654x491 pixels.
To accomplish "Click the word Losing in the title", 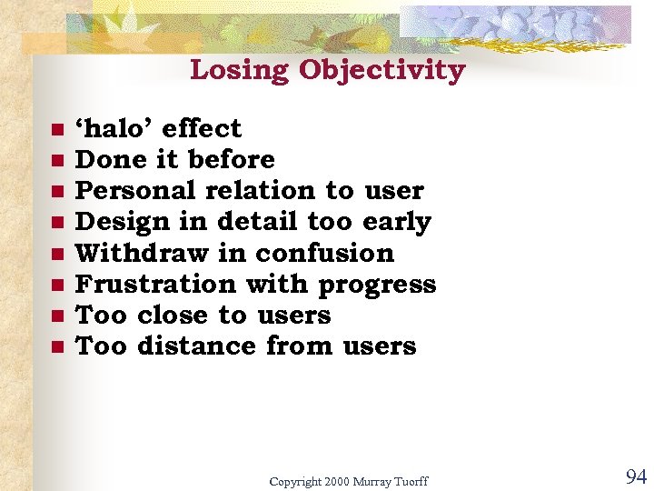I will tap(240, 70).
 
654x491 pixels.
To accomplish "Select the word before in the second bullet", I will tap(231, 159).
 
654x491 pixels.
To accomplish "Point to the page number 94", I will tap(635, 476).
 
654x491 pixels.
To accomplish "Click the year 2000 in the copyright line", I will tap(335, 481).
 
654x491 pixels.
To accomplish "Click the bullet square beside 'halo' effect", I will tap(56, 129).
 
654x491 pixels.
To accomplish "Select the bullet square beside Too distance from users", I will tap(56, 346).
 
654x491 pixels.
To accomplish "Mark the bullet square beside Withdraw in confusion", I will tap(56, 254).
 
